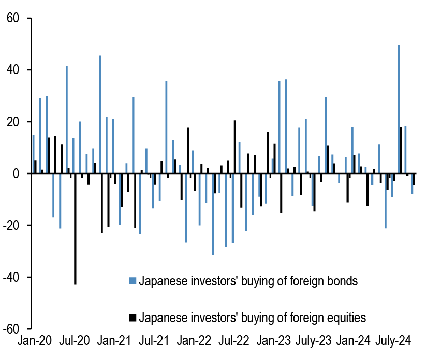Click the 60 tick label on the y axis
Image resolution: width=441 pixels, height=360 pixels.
12,19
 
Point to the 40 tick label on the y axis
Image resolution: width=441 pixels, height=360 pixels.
12,70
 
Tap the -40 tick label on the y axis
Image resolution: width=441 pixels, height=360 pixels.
10,278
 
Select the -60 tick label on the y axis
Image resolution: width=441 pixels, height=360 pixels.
10,329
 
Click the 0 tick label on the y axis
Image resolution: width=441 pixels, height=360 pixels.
16,174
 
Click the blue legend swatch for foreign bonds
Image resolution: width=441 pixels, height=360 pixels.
133,281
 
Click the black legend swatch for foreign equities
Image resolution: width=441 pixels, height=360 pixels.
133,317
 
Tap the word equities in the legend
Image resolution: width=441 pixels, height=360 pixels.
350,317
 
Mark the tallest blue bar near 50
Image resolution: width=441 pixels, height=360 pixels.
399,109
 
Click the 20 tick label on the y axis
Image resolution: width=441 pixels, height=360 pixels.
12,122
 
